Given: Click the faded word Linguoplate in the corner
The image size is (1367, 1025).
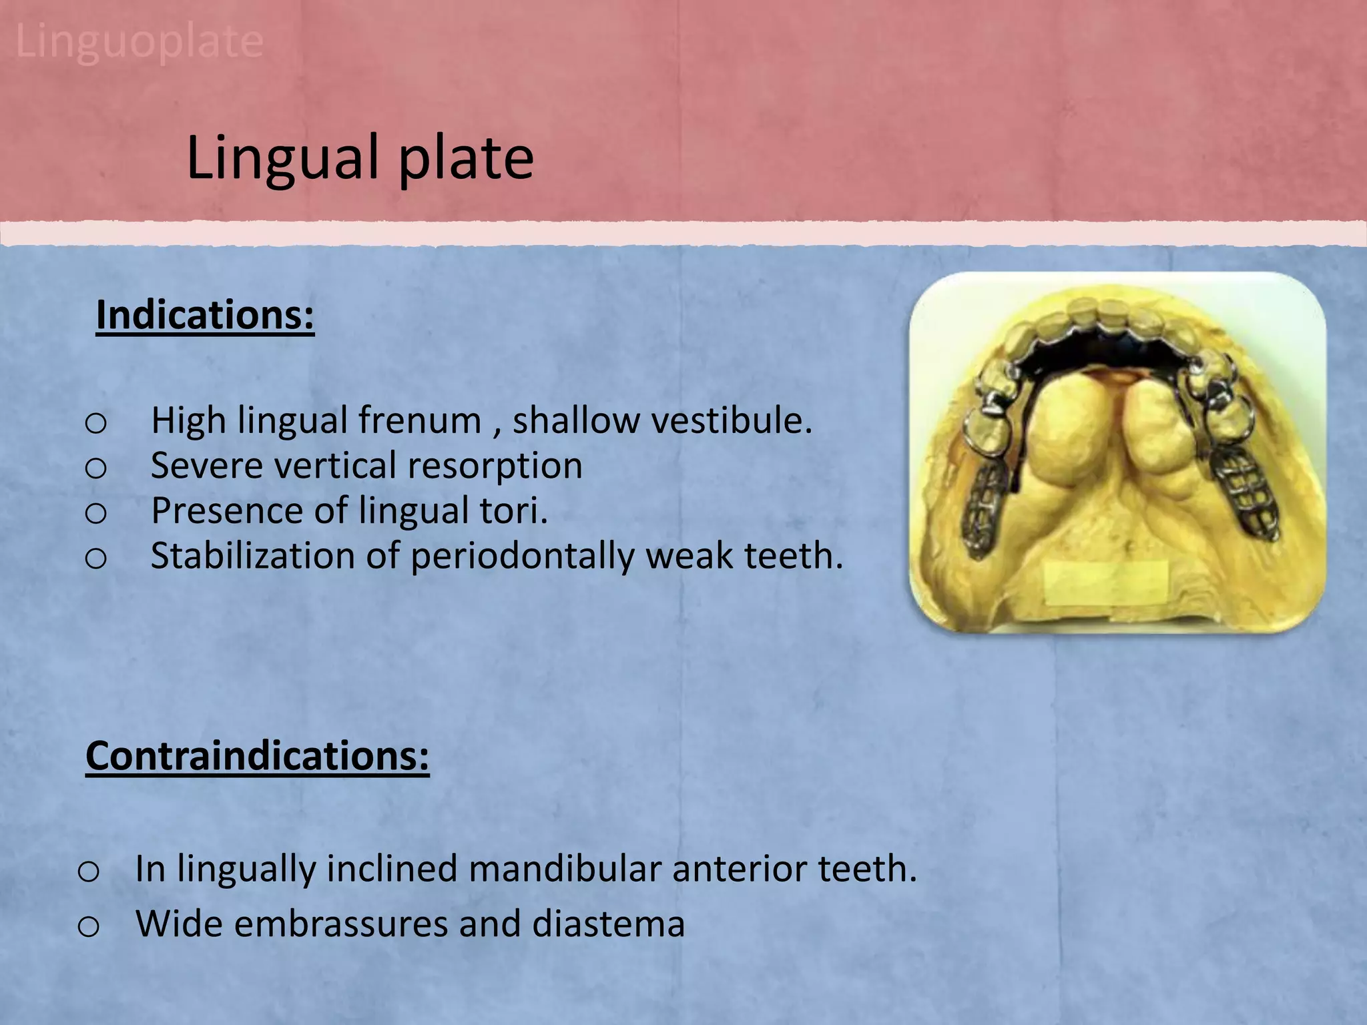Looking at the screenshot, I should click(x=139, y=41).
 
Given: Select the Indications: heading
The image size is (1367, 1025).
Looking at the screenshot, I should click(x=205, y=315).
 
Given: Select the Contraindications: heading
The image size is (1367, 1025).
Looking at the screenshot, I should click(x=257, y=756).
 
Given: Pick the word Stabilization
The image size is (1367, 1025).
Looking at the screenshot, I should click(x=253, y=556).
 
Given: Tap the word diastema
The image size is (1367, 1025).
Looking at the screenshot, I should click(x=608, y=924).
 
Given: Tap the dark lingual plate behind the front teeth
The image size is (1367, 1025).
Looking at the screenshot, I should click(x=1108, y=354).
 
